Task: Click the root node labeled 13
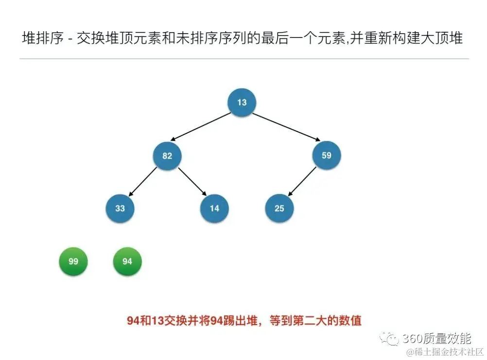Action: (x=242, y=102)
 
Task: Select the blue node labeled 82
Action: (x=167, y=156)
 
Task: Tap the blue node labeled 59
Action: (x=326, y=156)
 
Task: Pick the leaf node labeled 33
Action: (x=120, y=208)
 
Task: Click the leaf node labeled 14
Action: (x=214, y=208)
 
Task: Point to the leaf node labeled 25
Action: (x=279, y=208)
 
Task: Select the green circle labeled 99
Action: (x=73, y=261)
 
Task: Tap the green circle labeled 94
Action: (x=127, y=261)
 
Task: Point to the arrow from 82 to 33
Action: (x=143, y=182)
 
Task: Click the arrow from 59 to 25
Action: (x=302, y=182)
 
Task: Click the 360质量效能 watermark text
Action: (x=436, y=338)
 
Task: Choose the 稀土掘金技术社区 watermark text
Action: (x=445, y=352)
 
